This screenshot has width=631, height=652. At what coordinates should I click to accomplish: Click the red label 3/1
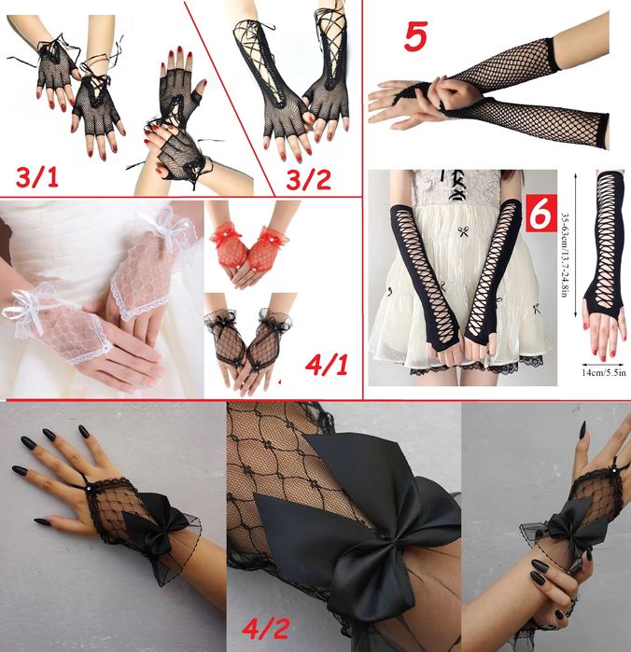37,177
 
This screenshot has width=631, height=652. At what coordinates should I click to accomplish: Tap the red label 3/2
308,180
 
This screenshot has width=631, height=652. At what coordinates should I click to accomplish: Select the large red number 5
415,37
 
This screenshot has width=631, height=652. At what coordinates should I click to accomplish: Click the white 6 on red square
540,213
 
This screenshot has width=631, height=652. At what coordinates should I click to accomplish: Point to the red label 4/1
327,365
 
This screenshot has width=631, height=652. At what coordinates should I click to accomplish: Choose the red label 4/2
266,628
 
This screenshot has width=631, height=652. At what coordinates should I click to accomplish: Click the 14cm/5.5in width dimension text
604,372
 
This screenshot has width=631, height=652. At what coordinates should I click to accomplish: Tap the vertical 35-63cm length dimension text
565,256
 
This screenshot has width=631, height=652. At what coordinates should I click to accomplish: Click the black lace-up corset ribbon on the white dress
457,184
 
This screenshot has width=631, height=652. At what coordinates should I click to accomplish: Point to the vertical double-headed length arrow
575,245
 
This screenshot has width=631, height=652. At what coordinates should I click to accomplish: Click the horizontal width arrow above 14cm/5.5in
603,365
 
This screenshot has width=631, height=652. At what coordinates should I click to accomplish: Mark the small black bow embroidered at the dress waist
463,231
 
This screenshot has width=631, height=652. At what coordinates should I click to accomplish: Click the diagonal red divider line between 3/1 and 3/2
230,99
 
